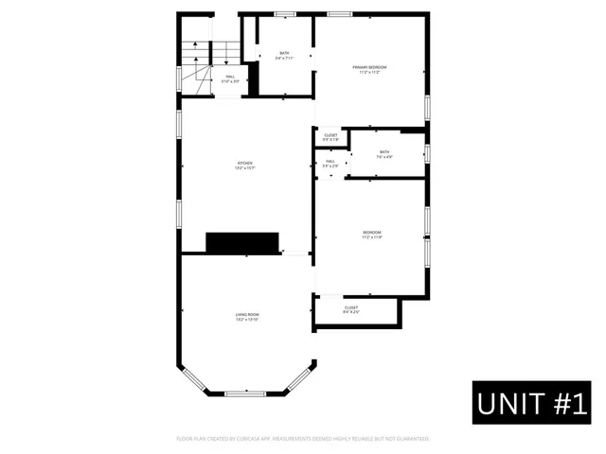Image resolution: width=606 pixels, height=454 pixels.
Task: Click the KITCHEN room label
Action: pyautogui.click(x=246, y=164)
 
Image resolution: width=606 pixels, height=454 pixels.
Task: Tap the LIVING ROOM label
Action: pyautogui.click(x=247, y=314)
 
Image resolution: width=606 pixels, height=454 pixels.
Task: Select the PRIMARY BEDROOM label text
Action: pyautogui.click(x=370, y=67)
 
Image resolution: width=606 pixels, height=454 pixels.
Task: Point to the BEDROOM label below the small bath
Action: pyautogui.click(x=371, y=232)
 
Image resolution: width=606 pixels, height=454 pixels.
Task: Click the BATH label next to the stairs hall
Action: pyautogui.click(x=284, y=53)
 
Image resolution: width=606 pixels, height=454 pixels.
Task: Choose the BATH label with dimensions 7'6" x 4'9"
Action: pyautogui.click(x=384, y=154)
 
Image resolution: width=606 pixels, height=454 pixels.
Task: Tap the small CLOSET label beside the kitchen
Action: pyautogui.click(x=330, y=135)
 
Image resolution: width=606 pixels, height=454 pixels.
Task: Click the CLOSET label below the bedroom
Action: pyautogui.click(x=350, y=307)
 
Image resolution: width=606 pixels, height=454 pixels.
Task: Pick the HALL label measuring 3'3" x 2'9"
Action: pyautogui.click(x=330, y=162)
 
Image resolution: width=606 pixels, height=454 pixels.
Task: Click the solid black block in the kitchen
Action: pyautogui.click(x=243, y=242)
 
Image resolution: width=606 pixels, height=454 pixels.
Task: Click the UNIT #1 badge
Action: pyautogui.click(x=533, y=404)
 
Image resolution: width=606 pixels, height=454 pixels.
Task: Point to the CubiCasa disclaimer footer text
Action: pyautogui.click(x=303, y=439)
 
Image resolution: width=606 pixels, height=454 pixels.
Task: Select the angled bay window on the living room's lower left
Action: pyautogui.click(x=195, y=377)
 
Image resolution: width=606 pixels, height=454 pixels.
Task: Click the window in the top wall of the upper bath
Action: pyautogui.click(x=285, y=13)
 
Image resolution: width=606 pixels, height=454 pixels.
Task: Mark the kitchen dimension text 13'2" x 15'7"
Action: pyautogui.click(x=246, y=168)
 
